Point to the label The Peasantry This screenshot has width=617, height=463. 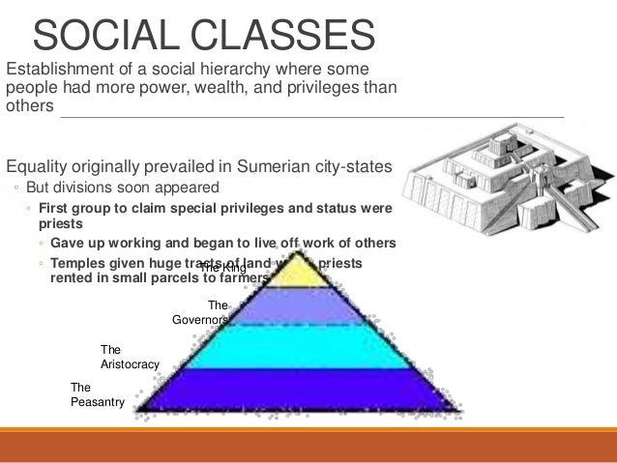pyautogui.click(x=97, y=394)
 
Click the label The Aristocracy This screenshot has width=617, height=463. pyautogui.click(x=129, y=358)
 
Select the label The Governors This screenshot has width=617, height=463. pyautogui.click(x=200, y=312)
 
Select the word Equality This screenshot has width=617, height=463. pyautogui.click(x=38, y=165)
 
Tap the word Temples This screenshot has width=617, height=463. pyautogui.click(x=82, y=261)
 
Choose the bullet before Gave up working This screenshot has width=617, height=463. pyautogui.click(x=43, y=243)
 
